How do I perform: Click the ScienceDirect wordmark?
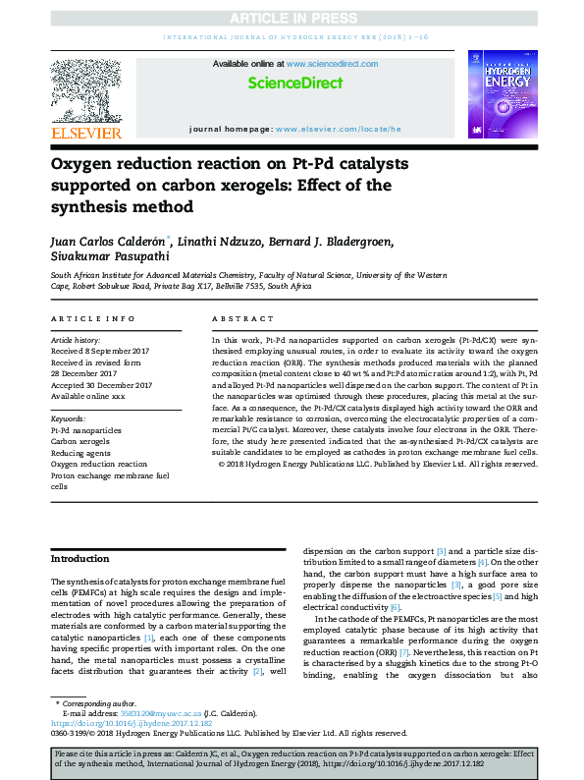(x=292, y=84)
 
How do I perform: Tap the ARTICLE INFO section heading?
(x=92, y=319)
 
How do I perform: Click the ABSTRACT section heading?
(x=239, y=319)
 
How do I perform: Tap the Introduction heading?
(x=80, y=559)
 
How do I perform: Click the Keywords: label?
(x=69, y=418)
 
